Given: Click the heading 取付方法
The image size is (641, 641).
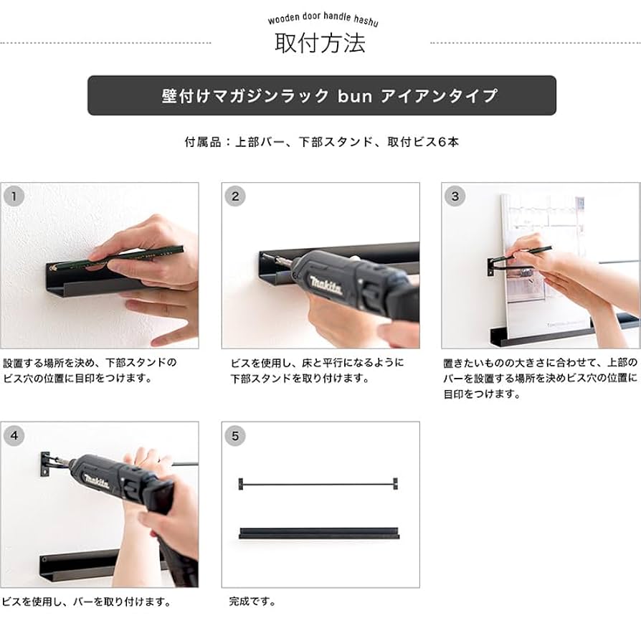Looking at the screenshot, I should [320, 44].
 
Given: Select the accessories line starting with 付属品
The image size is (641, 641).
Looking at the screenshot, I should [321, 142].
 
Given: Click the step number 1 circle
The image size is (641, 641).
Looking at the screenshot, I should [15, 196].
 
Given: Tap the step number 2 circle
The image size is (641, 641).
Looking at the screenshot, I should [235, 196].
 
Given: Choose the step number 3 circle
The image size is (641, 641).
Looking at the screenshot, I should [455, 196].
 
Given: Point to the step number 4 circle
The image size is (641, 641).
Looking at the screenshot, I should [15, 435].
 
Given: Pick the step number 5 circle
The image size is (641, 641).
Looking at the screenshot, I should [235, 435].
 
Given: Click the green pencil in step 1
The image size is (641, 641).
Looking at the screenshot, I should [136, 257].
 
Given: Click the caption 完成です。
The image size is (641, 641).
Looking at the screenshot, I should [252, 602].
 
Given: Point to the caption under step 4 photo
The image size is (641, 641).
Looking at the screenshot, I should [86, 602].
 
